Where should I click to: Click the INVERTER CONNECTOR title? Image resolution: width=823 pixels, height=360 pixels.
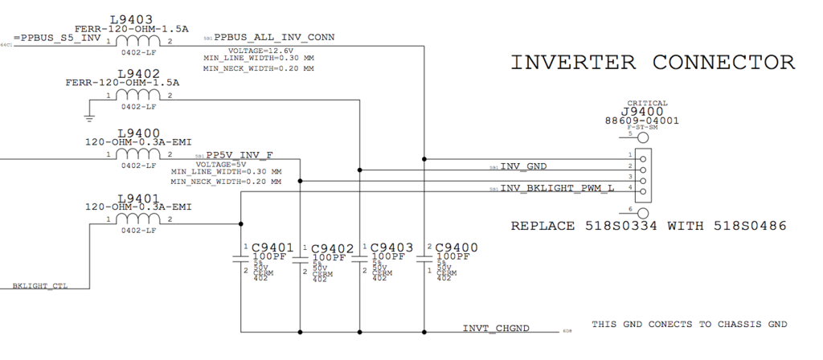click(653, 62)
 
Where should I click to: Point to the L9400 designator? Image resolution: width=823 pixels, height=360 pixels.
click(139, 133)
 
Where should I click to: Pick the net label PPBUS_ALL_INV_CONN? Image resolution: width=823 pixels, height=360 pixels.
click(274, 37)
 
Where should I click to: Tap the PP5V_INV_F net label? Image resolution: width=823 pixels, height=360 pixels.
click(240, 154)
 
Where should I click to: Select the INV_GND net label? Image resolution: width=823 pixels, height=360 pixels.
click(523, 166)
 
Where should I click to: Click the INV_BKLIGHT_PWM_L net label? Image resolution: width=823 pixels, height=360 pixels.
click(557, 188)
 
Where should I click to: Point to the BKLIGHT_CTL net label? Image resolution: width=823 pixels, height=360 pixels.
click(39, 285)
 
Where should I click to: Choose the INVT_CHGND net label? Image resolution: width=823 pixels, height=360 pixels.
click(496, 329)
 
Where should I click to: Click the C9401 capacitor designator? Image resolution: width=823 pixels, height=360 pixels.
click(272, 247)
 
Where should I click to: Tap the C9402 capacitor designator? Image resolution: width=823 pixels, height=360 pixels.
click(333, 248)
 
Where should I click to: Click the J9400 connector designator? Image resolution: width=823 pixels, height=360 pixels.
click(647, 112)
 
